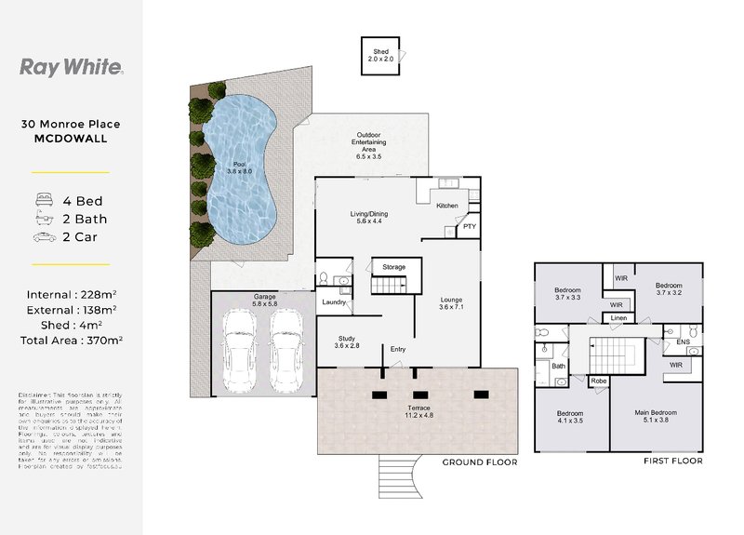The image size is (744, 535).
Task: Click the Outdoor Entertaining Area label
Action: coord(361,147)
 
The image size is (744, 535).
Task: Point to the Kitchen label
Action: coord(446,206)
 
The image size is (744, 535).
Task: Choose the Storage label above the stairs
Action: coord(394,268)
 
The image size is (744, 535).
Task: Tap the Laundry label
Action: coord(335,301)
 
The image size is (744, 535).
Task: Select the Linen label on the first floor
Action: coord(618,318)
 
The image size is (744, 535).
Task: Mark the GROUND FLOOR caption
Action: coord(479,461)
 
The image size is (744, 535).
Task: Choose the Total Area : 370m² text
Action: coord(71,341)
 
